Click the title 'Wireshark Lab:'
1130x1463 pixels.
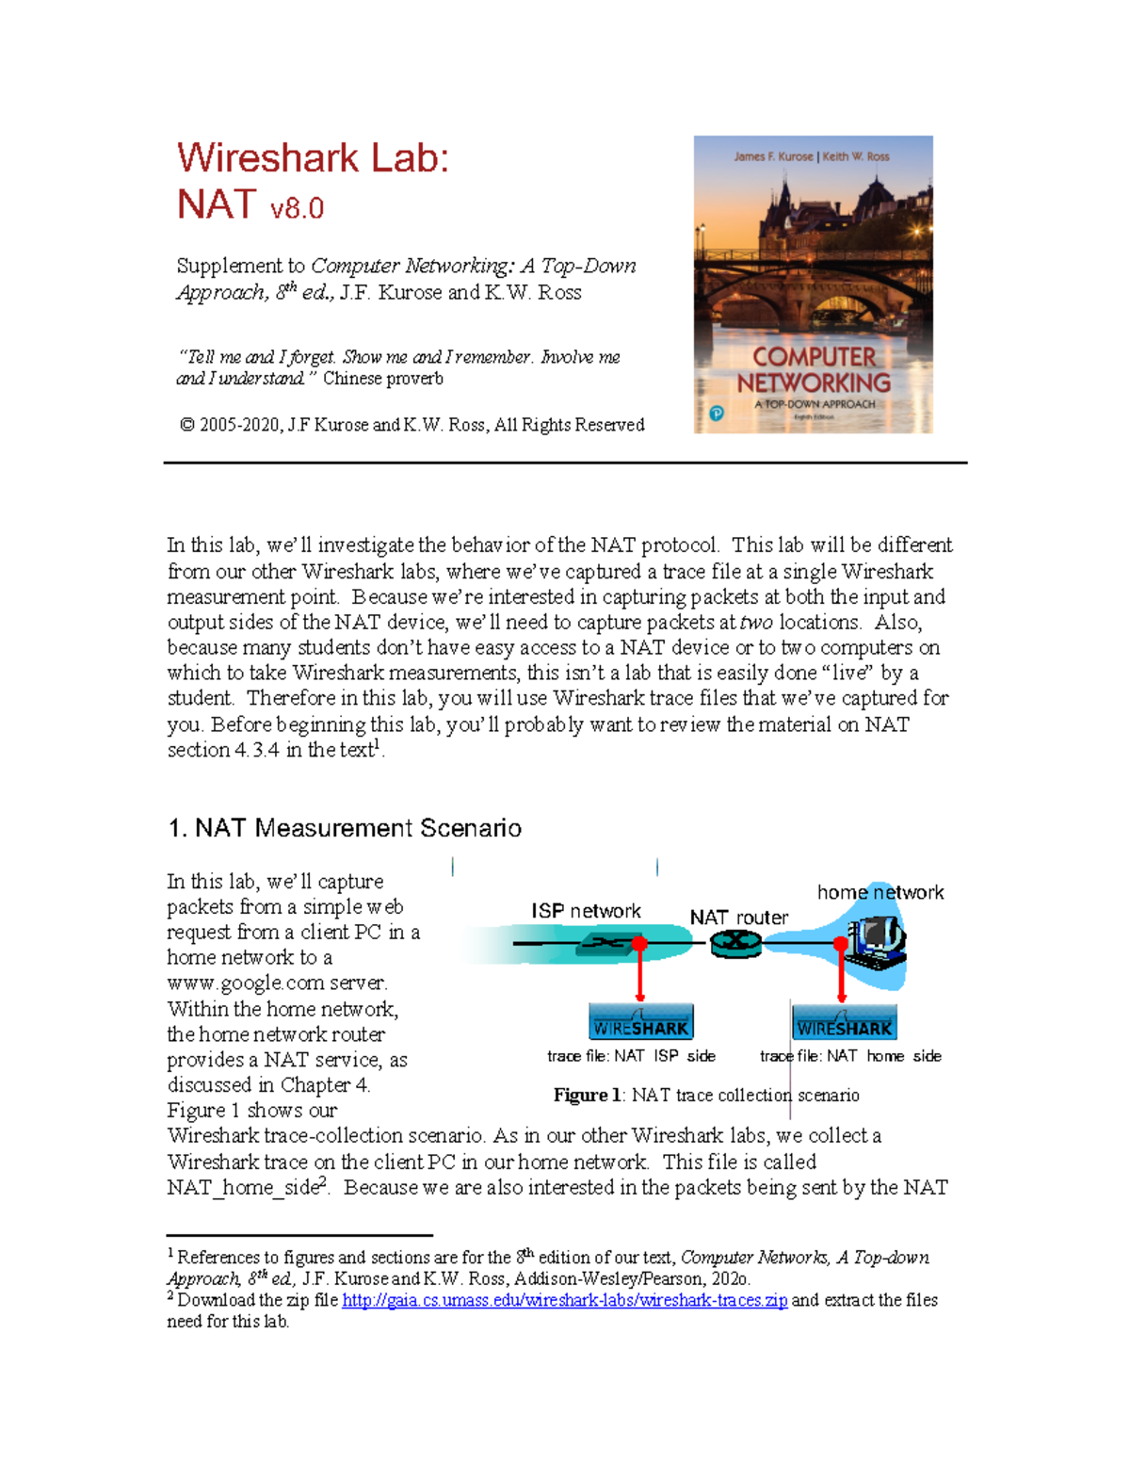coord(313,157)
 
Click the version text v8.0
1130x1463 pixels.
coord(297,208)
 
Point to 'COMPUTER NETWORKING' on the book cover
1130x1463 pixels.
coord(814,370)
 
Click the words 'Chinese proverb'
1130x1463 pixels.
coord(382,379)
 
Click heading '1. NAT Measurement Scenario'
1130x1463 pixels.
coord(344,828)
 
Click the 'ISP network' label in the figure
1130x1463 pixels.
coord(586,911)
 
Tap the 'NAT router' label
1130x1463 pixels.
coord(739,918)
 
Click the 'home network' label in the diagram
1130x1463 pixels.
coord(880,892)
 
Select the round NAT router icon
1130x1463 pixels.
coord(735,942)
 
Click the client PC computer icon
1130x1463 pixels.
coord(876,943)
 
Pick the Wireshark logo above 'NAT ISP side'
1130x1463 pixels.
coord(640,1022)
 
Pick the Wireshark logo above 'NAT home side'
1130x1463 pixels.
coord(844,1022)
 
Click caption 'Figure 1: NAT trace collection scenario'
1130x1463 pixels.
coord(706,1095)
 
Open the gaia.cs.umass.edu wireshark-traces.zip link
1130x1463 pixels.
coord(564,1300)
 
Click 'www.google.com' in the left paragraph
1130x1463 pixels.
coord(276,983)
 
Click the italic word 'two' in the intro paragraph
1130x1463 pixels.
coord(756,623)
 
